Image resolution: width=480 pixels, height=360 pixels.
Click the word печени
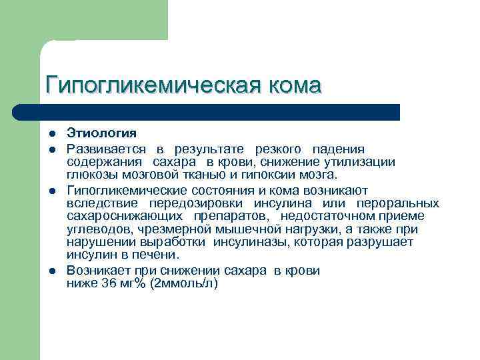click(x=160, y=255)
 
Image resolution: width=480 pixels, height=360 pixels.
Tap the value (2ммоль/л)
click(x=184, y=283)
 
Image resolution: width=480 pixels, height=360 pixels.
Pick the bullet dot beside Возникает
click(x=52, y=271)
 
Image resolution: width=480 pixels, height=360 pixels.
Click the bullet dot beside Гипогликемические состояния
click(x=52, y=189)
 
